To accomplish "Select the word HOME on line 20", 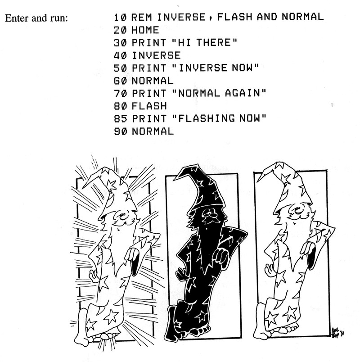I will [x=145, y=30].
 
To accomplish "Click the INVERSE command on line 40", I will [x=156, y=55].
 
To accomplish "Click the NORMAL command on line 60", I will [x=153, y=81].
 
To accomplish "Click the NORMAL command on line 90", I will [x=153, y=131].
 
